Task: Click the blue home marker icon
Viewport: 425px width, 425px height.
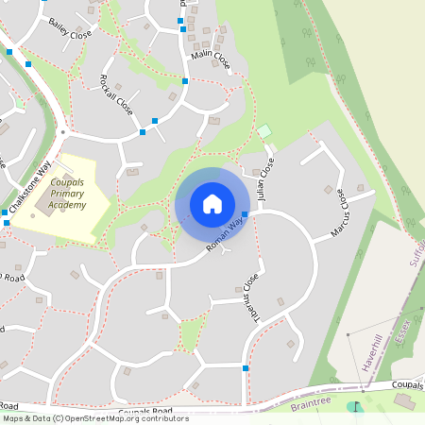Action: coord(212,204)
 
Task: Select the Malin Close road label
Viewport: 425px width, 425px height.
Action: coord(210,59)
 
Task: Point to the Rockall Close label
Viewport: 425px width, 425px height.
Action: coord(117,95)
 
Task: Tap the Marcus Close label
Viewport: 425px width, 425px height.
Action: coord(339,212)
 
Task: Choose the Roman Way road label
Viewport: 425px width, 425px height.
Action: coord(225,236)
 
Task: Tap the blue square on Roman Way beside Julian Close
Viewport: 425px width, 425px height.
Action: coord(245,215)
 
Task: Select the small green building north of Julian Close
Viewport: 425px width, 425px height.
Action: coord(264,130)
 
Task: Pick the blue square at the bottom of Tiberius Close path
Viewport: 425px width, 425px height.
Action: coord(246,367)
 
